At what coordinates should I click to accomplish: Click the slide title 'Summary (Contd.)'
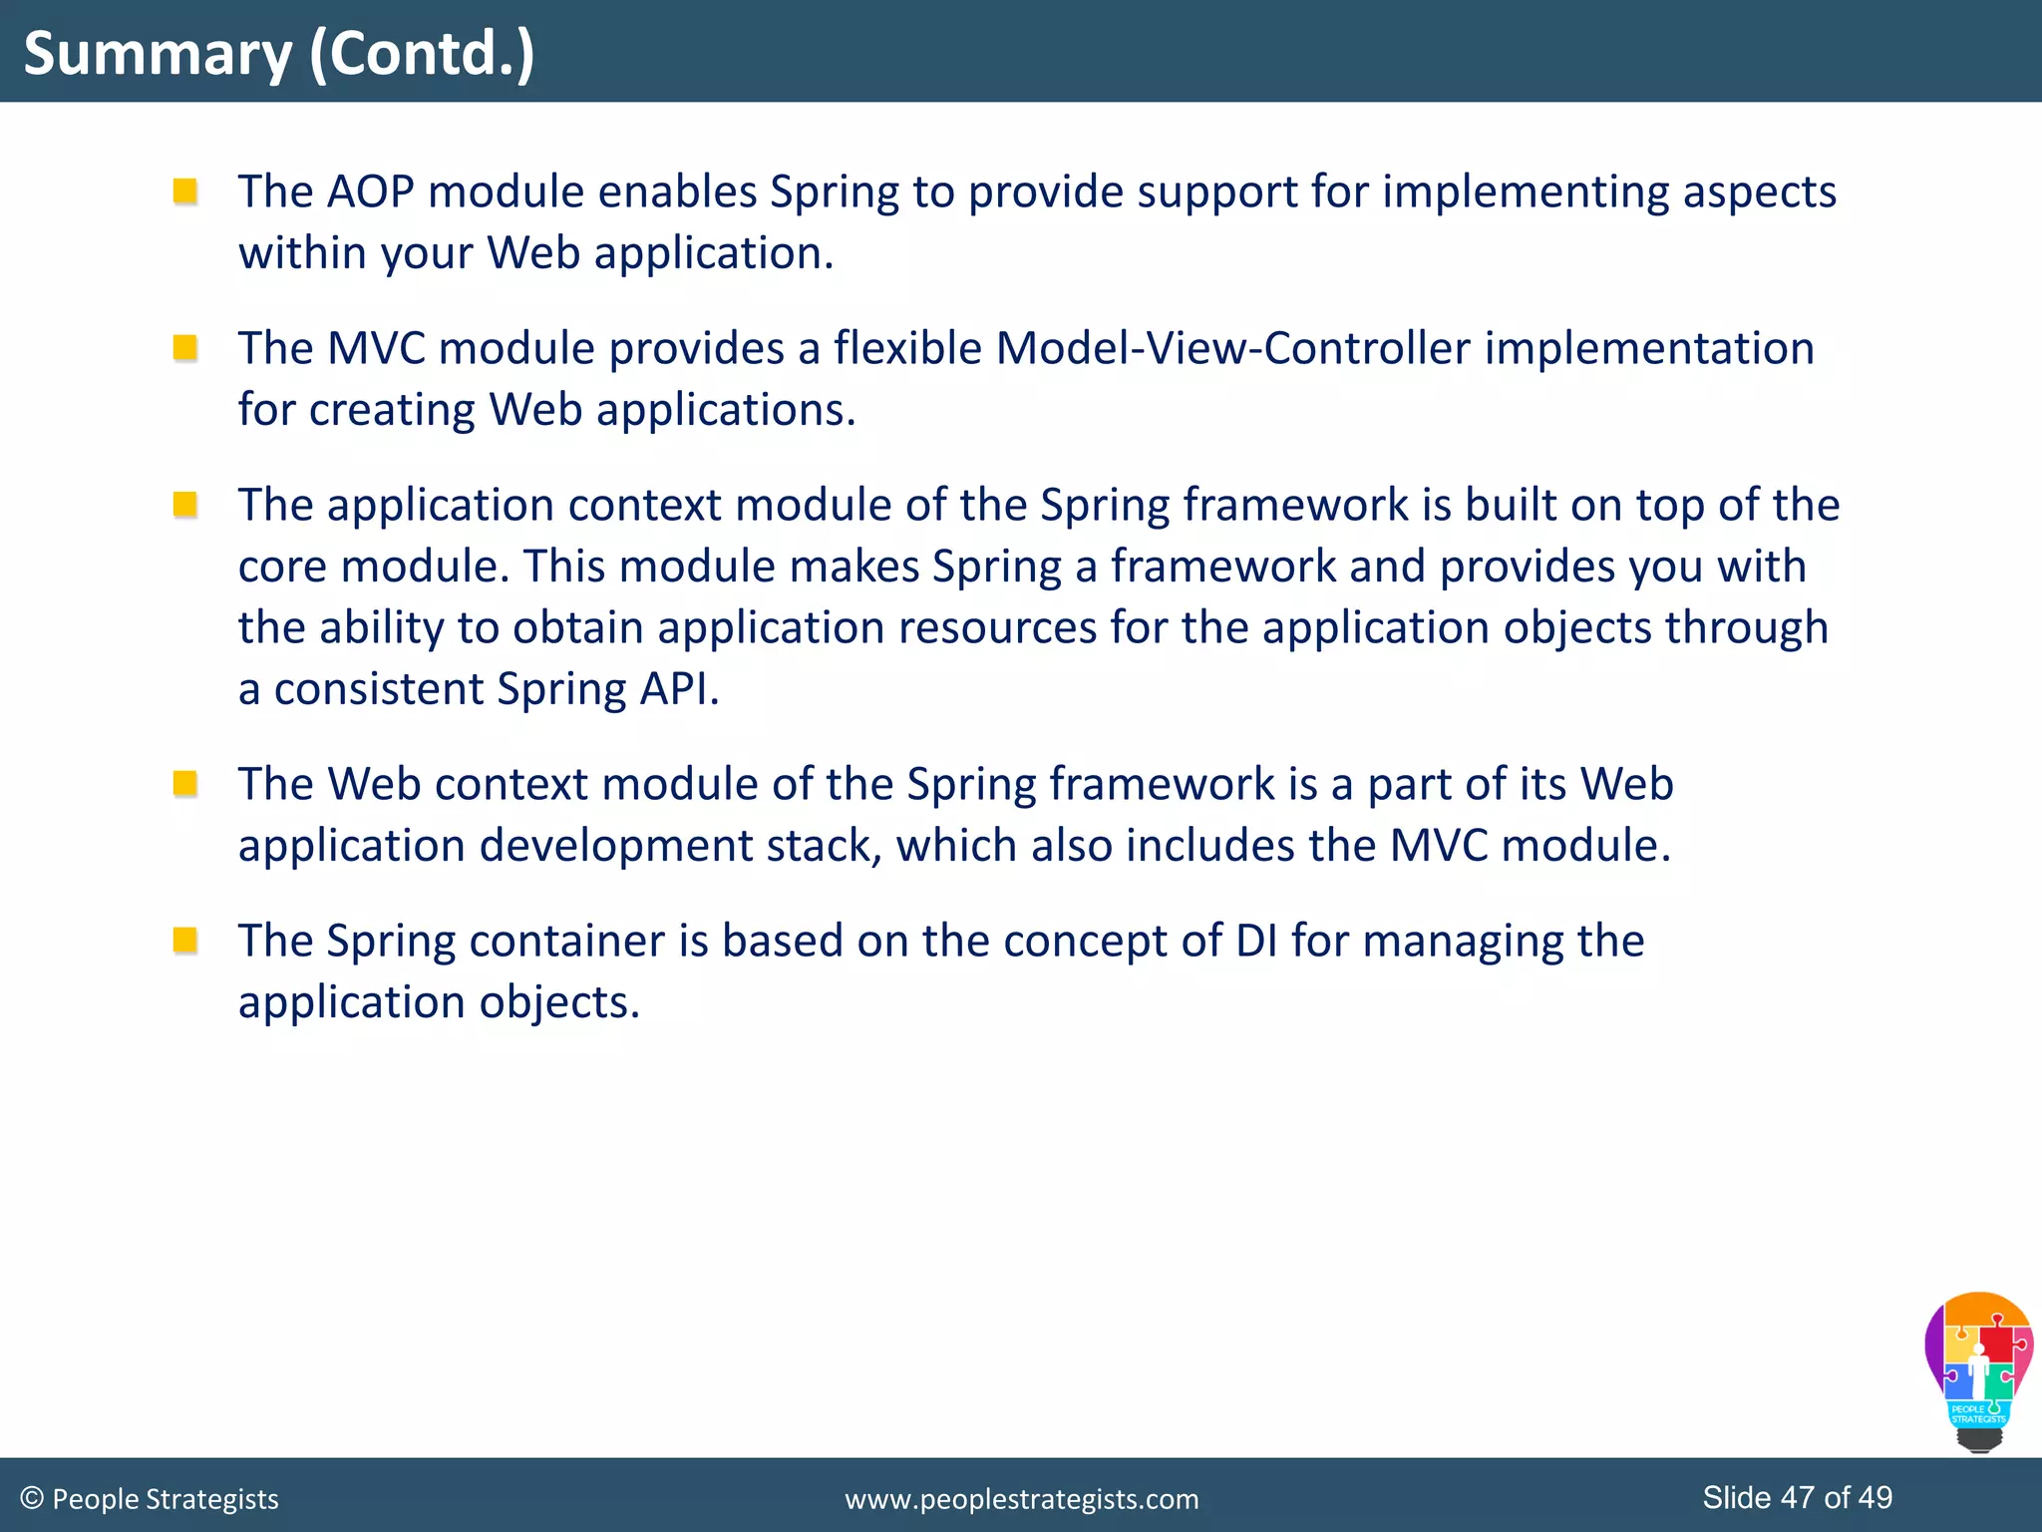coord(279,54)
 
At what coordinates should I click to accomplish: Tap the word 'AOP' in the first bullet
coord(370,191)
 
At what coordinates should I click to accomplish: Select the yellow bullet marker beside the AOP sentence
coord(184,191)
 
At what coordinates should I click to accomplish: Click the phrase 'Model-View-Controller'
coord(1232,348)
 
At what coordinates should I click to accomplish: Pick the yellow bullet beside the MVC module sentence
coord(184,347)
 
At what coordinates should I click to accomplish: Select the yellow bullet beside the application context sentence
coord(184,504)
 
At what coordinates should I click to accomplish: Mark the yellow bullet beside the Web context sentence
coord(184,783)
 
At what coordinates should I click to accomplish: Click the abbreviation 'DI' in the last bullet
coord(1256,941)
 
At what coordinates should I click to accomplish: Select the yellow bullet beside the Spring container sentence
coord(184,940)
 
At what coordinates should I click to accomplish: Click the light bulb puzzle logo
coord(1978,1370)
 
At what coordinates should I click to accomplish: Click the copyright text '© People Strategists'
coord(150,1499)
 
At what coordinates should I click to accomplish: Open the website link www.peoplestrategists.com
coord(1021,1499)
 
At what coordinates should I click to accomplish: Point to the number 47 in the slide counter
coord(1797,1497)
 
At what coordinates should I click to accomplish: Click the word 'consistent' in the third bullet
coord(378,689)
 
